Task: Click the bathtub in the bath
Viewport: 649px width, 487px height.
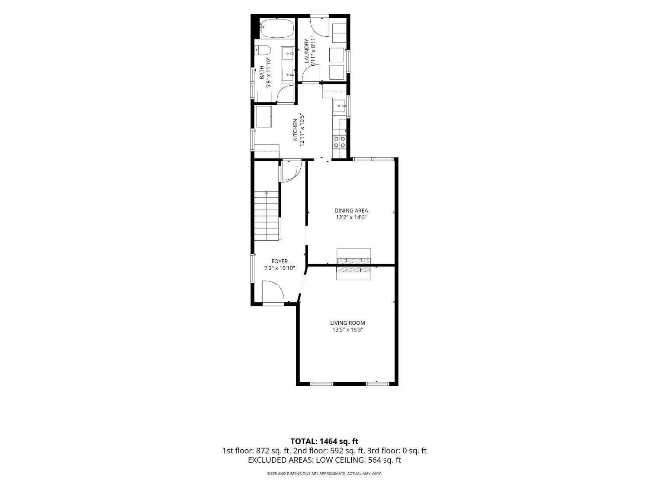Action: point(277,29)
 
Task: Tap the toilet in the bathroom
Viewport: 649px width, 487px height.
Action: point(262,54)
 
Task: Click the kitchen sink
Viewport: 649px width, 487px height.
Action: point(340,106)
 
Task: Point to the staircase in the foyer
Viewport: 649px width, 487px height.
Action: point(267,216)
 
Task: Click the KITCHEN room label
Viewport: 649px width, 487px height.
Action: point(295,130)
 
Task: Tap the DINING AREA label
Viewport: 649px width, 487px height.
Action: point(351,210)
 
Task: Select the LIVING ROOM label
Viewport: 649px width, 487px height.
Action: point(347,323)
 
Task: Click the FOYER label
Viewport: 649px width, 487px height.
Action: point(280,261)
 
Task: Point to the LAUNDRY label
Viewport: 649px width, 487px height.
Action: point(306,51)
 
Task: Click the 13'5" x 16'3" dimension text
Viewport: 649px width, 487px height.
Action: point(347,330)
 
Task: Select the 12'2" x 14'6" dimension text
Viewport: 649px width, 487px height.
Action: point(351,217)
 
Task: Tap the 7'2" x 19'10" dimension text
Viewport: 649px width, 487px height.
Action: point(280,268)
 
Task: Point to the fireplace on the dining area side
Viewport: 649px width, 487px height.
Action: point(353,256)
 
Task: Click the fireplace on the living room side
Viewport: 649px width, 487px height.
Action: point(353,273)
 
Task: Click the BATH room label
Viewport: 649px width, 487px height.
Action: point(262,73)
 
